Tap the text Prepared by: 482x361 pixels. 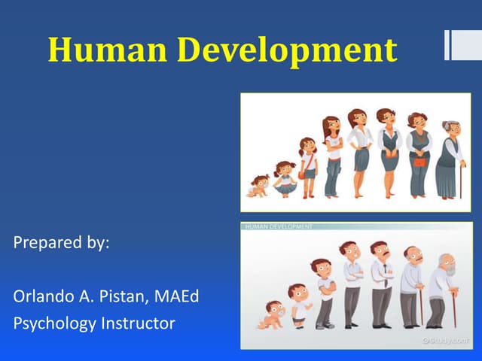(x=62, y=244)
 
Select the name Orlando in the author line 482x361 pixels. (x=43, y=296)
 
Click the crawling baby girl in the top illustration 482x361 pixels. (x=259, y=185)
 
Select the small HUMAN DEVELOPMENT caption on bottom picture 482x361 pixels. (x=276, y=226)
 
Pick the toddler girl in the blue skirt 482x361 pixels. (x=284, y=179)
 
